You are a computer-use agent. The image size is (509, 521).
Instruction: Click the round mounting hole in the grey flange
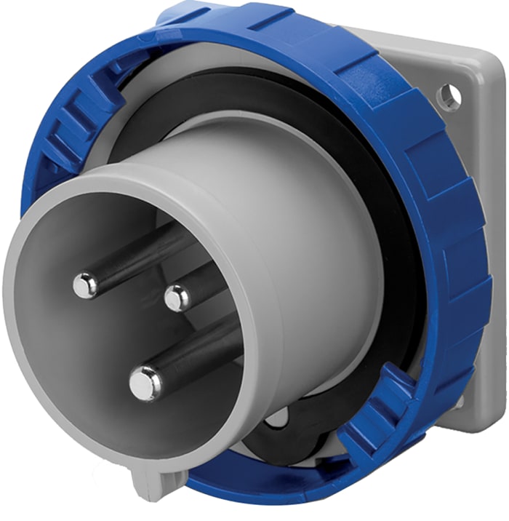(x=450, y=95)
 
